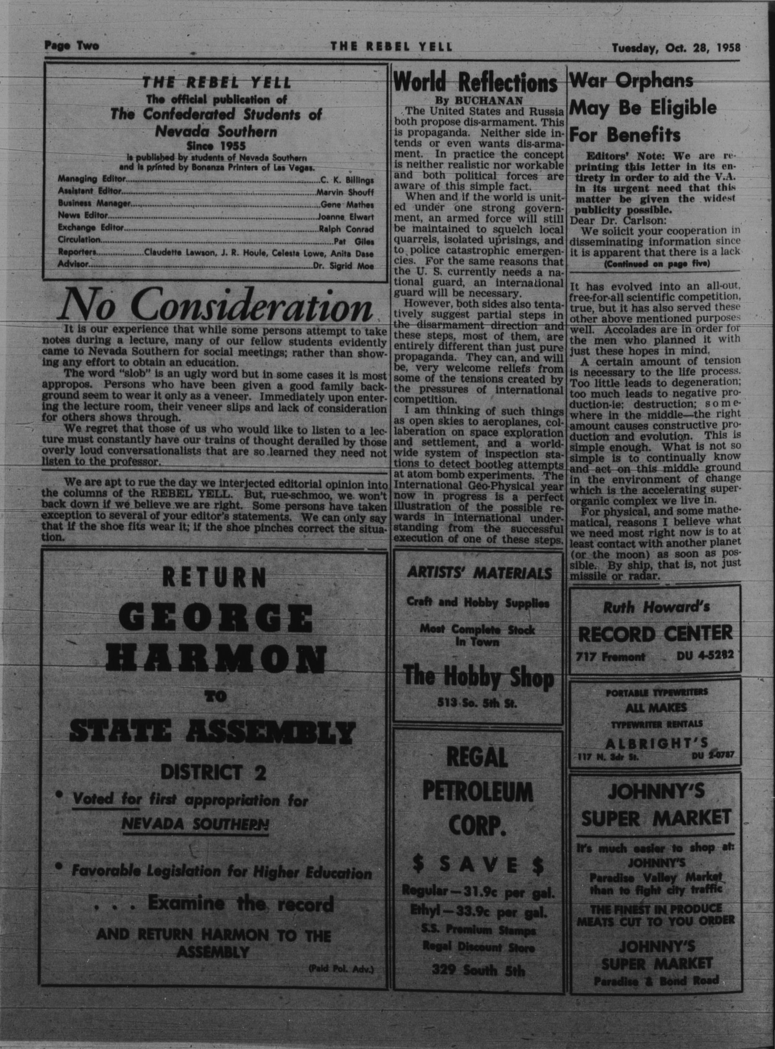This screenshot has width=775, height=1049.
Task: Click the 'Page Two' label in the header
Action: point(72,46)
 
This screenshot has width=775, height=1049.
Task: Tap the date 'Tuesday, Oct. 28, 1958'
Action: point(676,48)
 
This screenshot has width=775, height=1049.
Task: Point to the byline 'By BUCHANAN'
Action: point(478,100)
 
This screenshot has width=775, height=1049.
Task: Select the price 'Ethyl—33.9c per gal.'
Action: point(478,913)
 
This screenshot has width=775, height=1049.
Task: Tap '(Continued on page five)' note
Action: point(656,264)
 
